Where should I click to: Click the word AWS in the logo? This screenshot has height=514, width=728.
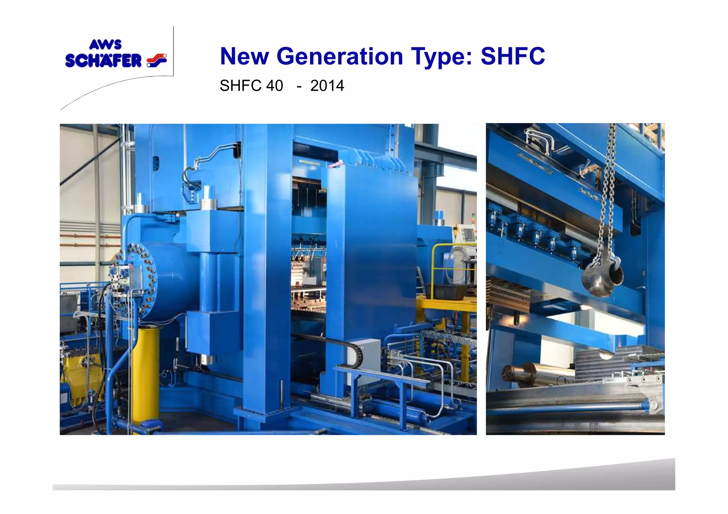coord(105,45)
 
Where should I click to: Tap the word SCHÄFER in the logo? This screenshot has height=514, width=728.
coord(103,61)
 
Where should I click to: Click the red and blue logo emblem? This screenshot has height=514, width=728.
coord(157,60)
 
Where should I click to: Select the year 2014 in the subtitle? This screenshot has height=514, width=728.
coord(327,86)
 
